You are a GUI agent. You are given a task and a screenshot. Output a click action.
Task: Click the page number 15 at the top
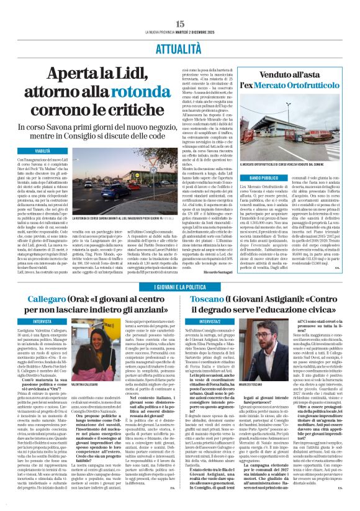pos(179,6)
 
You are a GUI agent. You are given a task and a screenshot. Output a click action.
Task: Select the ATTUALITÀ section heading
pos(179,29)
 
